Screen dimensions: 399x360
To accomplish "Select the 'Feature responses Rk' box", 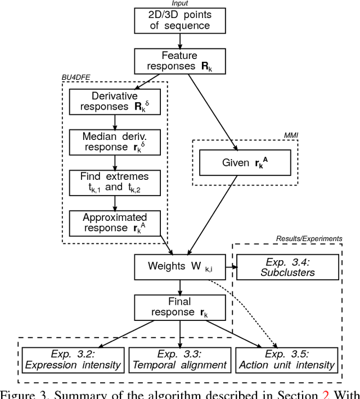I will click(179, 61).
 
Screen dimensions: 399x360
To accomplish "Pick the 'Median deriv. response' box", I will click(115, 141).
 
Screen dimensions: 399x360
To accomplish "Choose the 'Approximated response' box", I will click(115, 223).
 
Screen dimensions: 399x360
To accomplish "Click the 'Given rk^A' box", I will click(245, 163).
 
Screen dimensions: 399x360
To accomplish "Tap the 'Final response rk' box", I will click(179, 307).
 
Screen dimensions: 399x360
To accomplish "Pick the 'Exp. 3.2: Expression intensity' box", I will click(73, 359).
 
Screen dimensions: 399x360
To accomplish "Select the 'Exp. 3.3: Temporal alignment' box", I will click(179, 359).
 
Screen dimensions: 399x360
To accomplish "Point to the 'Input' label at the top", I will click(179, 3).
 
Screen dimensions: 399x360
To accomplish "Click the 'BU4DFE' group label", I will click(74, 78).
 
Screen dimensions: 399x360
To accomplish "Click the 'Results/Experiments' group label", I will click(309, 239).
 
